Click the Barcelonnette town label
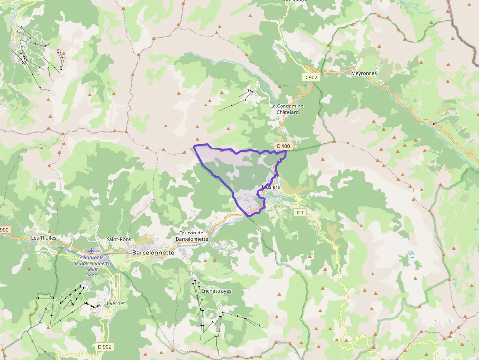coord(153,253)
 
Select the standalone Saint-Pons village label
coord(119,239)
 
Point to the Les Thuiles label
coord(44,238)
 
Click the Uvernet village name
coord(115,303)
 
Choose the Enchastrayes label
coord(216,291)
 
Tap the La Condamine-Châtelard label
coord(287,108)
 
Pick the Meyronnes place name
coord(364,73)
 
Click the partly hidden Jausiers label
coord(271,187)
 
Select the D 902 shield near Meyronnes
coord(310,77)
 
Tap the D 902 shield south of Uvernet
coord(104,346)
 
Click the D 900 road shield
coord(283,146)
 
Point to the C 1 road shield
coord(300,212)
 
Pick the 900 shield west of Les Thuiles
coord(4,230)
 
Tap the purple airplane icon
coord(91,250)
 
